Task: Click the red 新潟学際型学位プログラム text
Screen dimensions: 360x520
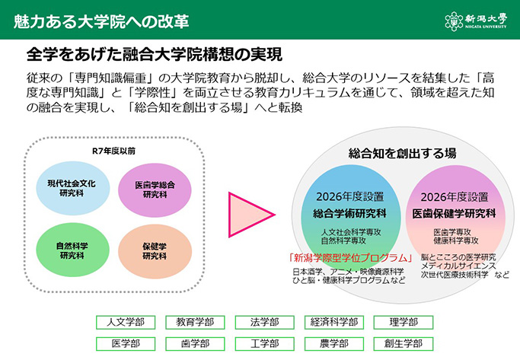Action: pos(349,256)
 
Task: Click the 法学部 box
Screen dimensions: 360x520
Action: pos(263,322)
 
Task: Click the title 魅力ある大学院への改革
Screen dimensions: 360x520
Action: pos(101,19)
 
